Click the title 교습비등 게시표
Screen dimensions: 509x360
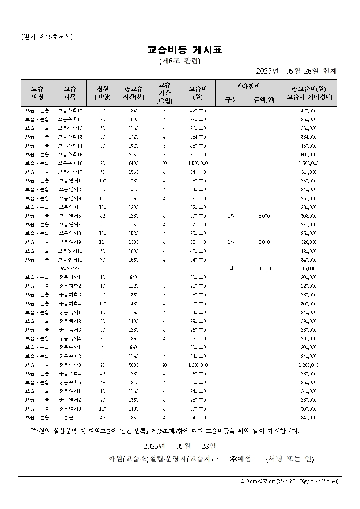[x=185, y=50]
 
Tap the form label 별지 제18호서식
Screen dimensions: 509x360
[x=47, y=37]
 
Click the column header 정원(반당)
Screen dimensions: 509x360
[x=103, y=93]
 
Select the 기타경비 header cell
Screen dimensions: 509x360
[x=248, y=86]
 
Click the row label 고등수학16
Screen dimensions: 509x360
[x=70, y=163]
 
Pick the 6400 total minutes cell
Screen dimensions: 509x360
[x=134, y=163]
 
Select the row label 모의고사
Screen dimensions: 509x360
[x=70, y=268]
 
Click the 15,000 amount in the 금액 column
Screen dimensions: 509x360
[x=264, y=268]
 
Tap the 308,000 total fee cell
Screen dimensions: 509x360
[x=308, y=216]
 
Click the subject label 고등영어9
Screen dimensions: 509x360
[x=70, y=242]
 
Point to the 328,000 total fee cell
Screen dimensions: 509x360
[x=308, y=242]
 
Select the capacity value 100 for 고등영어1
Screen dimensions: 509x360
[x=103, y=181]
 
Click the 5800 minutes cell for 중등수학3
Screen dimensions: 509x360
[x=134, y=365]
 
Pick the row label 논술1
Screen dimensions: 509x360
[x=70, y=418]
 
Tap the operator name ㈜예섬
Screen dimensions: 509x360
[x=241, y=459]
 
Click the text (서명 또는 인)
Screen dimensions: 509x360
[x=290, y=459]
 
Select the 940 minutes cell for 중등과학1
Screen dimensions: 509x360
[x=134, y=277]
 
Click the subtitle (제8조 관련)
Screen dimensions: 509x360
[x=180, y=61]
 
